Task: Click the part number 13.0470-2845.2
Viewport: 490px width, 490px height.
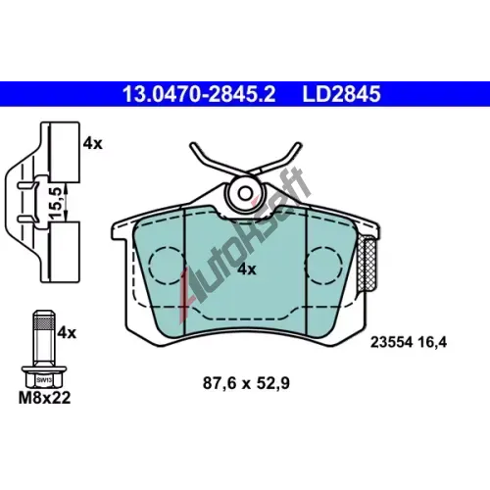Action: click(199, 94)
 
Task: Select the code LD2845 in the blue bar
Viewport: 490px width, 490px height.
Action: click(341, 94)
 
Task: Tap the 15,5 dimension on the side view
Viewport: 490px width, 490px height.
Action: click(56, 203)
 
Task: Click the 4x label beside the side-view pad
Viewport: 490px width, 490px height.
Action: click(92, 144)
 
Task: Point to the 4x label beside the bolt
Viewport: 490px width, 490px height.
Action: click(67, 333)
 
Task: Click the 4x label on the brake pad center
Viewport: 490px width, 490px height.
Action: click(247, 269)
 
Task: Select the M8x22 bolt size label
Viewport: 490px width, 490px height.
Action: click(44, 398)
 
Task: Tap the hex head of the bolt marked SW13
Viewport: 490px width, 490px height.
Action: click(44, 379)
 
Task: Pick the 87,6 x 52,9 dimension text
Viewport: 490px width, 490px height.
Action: click(246, 383)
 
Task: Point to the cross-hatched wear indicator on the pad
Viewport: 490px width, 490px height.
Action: click(367, 265)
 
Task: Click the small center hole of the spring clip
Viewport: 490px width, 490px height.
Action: click(245, 193)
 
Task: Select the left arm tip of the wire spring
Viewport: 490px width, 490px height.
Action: click(192, 146)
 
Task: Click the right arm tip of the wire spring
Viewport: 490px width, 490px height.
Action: click(298, 146)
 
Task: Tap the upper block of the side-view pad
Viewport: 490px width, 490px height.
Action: click(64, 152)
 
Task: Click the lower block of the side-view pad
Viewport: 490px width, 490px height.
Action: click(64, 252)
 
